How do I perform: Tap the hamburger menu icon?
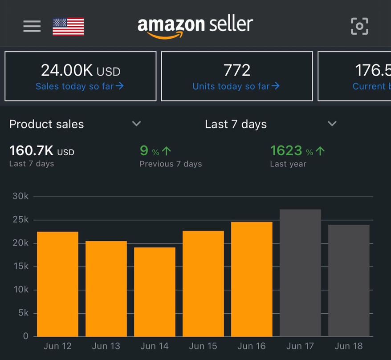click(x=32, y=26)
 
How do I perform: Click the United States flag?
click(x=68, y=26)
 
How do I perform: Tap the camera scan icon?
click(x=359, y=26)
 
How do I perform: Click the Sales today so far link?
click(x=79, y=86)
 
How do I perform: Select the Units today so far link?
click(x=236, y=86)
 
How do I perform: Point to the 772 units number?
click(x=237, y=70)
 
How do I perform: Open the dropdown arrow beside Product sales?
click(x=137, y=124)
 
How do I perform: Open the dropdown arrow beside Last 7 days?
click(x=332, y=124)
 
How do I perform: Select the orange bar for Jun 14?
click(x=155, y=291)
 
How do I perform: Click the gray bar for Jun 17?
click(x=300, y=273)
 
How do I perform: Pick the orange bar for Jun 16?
click(x=252, y=279)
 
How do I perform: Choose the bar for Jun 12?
click(x=57, y=284)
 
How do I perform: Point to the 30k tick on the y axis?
click(x=20, y=196)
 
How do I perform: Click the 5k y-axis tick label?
click(x=23, y=313)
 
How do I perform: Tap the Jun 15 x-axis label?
click(x=203, y=346)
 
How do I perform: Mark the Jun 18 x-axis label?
click(x=349, y=346)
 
